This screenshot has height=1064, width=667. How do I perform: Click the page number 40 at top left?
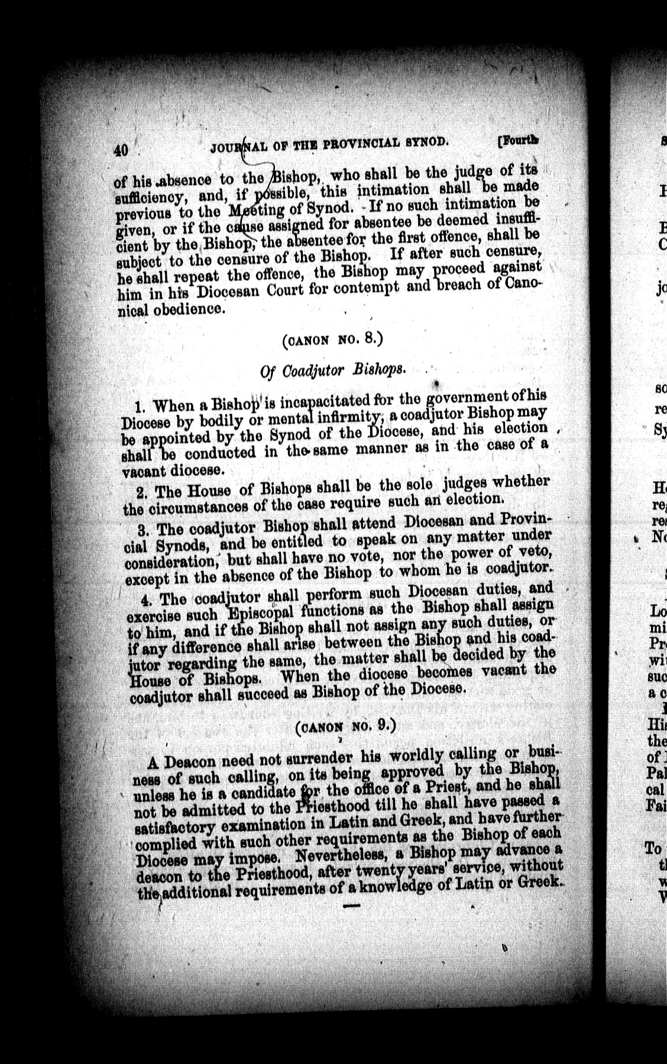[122, 150]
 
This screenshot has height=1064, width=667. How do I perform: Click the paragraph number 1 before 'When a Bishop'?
[140, 407]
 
